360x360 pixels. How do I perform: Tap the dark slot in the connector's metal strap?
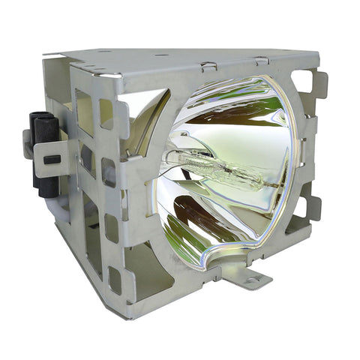(52, 159)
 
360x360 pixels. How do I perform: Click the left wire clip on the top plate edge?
(208, 66)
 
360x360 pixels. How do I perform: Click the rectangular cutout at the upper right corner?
(301, 81)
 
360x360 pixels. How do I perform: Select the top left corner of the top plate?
(45, 53)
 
